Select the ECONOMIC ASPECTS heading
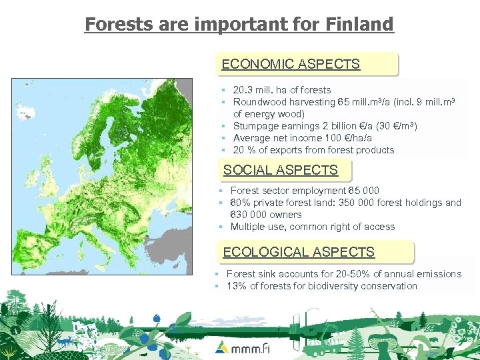click(291, 65)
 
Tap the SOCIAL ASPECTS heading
click(281, 170)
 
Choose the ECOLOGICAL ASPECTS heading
click(299, 252)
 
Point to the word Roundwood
click(257, 102)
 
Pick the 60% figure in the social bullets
click(241, 203)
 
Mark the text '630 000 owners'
click(265, 215)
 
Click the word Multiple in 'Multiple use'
click(248, 227)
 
